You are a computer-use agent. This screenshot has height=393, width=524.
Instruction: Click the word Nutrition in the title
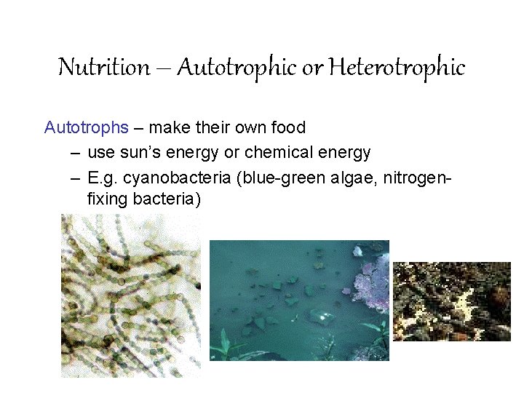tap(103, 68)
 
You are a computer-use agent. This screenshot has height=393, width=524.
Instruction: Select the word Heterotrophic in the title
tap(397, 68)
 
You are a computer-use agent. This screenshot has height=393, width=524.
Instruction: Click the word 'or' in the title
tap(311, 68)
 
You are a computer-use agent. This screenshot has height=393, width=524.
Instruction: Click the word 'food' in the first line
tap(287, 128)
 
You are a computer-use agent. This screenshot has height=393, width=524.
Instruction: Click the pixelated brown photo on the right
tap(451, 301)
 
